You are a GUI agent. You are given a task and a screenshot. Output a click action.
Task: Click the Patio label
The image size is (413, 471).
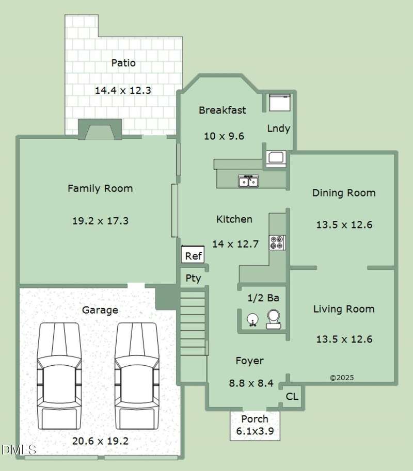point(123,63)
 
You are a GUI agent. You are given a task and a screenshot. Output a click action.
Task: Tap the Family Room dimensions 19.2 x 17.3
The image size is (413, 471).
point(100,221)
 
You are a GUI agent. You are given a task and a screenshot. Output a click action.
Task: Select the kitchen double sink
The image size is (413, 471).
point(249,181)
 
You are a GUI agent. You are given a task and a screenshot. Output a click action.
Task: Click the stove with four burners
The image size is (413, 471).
point(277,242)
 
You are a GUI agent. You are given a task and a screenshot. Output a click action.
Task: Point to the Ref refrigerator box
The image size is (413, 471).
point(193,254)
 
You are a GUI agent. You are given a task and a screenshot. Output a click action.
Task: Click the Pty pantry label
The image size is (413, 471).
point(193,278)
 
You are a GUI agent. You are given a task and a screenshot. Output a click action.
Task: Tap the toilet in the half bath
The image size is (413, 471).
point(274,319)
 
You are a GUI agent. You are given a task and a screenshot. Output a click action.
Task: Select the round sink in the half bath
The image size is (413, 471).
point(253,320)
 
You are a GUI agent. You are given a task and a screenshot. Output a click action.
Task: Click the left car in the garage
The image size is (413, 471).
point(59,376)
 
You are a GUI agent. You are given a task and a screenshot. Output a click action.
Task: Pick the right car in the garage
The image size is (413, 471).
point(137,376)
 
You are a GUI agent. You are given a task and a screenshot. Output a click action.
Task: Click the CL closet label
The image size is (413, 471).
point(292,397)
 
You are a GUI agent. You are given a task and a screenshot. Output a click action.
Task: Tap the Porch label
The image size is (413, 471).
point(255,419)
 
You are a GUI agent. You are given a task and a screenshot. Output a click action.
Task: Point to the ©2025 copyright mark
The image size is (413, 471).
point(342,378)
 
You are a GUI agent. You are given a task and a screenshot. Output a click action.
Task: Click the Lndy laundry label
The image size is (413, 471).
point(279,128)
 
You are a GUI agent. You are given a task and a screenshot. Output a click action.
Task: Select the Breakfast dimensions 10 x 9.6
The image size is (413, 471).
point(224,136)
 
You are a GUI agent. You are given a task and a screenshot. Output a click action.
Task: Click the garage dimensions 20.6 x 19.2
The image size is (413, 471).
point(100,441)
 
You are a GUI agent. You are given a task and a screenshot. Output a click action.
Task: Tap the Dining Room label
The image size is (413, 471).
point(344,192)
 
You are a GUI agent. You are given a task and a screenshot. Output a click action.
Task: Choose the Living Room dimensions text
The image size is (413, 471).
point(344,339)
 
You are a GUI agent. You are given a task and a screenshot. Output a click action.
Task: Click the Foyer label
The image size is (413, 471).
point(249,361)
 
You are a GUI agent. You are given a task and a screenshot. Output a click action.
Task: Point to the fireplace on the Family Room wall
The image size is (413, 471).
point(100,129)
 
